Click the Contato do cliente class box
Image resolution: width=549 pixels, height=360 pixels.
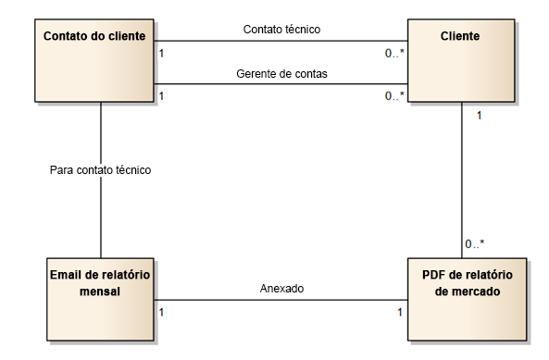click(93, 59)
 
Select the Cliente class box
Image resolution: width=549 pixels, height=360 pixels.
click(461, 59)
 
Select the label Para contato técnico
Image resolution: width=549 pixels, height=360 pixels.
click(100, 170)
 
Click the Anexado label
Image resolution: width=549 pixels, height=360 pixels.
click(281, 289)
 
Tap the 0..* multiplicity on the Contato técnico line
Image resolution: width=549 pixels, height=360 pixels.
click(394, 52)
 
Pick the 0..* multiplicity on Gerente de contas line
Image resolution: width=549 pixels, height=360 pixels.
click(394, 96)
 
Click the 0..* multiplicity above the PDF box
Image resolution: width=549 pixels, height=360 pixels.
click(474, 244)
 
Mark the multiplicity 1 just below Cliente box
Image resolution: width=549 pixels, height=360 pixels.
click(478, 116)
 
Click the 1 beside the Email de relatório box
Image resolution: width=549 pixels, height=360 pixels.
click(163, 312)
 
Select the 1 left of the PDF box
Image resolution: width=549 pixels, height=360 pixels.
click(400, 312)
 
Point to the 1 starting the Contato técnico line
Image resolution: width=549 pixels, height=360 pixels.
click(162, 52)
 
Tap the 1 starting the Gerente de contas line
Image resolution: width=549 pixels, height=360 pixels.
click(162, 96)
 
